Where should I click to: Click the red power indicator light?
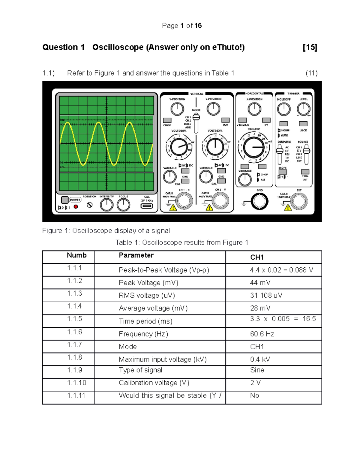point(76,207)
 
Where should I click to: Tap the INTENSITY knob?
point(106,205)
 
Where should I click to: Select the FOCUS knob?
point(123,205)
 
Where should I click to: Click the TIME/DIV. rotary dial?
point(253,147)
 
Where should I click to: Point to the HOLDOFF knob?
point(283,109)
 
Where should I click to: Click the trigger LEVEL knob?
point(303,109)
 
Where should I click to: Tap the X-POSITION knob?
point(254,109)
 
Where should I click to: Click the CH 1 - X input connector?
point(184,201)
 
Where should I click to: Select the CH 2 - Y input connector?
point(220,201)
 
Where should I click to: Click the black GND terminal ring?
point(259,201)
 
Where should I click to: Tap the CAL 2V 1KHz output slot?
point(147,206)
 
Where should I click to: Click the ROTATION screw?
point(89,205)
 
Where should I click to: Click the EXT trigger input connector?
point(299,201)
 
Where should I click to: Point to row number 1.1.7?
point(74,344)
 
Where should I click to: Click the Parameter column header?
point(136,255)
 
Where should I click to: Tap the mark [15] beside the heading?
point(310,47)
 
